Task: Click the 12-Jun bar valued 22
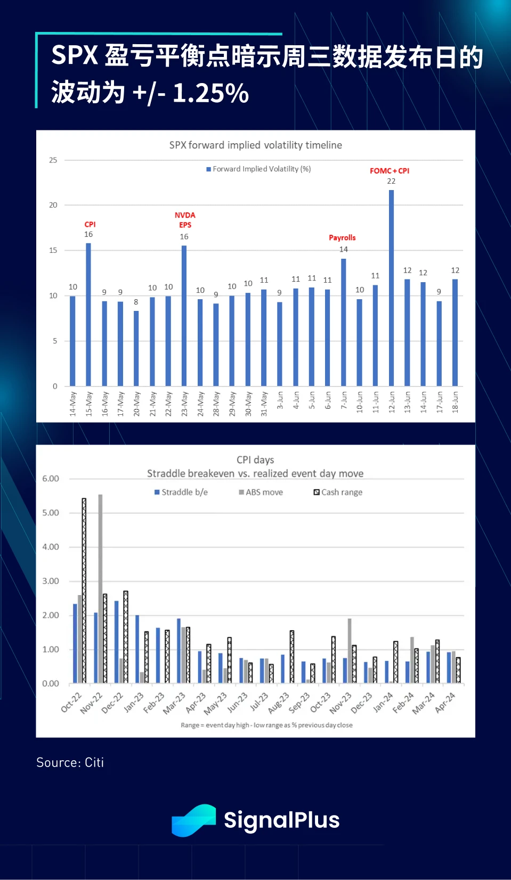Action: point(391,287)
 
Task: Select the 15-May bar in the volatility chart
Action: point(88,314)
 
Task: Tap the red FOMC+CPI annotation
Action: point(390,171)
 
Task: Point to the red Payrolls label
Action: point(342,237)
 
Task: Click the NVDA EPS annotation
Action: point(185,220)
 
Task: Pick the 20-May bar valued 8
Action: point(136,348)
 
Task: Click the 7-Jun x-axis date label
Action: point(344,400)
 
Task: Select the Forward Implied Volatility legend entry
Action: point(259,169)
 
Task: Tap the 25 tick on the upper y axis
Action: point(53,160)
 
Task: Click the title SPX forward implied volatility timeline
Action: point(255,145)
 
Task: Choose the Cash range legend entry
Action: point(338,492)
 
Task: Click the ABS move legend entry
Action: point(261,492)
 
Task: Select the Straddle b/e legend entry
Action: point(181,492)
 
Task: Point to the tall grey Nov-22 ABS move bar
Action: point(100,588)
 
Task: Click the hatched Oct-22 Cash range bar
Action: point(84,590)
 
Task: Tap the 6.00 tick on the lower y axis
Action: point(51,479)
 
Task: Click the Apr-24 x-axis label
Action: point(445,702)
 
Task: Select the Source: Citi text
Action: point(70,762)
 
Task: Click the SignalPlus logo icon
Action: point(193,820)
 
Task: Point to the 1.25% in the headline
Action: point(210,93)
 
